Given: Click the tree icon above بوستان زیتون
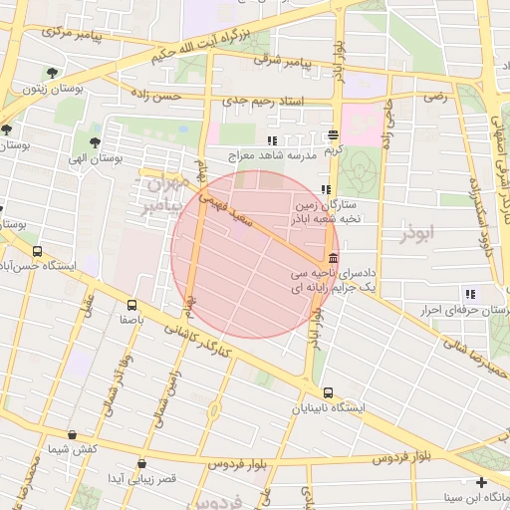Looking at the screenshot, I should point(52,72).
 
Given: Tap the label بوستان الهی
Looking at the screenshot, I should point(95,159).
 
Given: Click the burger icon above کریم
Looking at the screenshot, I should point(332,135).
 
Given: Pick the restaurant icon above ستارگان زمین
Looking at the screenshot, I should point(325,189).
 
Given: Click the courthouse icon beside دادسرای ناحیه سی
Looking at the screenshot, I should point(331,258).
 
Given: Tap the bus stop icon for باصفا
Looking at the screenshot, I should point(131,305).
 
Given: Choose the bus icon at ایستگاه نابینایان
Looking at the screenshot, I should point(329,392).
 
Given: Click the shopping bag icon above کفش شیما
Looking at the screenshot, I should point(72,434).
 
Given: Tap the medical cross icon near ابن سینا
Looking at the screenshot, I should point(481,482).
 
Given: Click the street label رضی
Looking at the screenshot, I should point(435,97).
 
